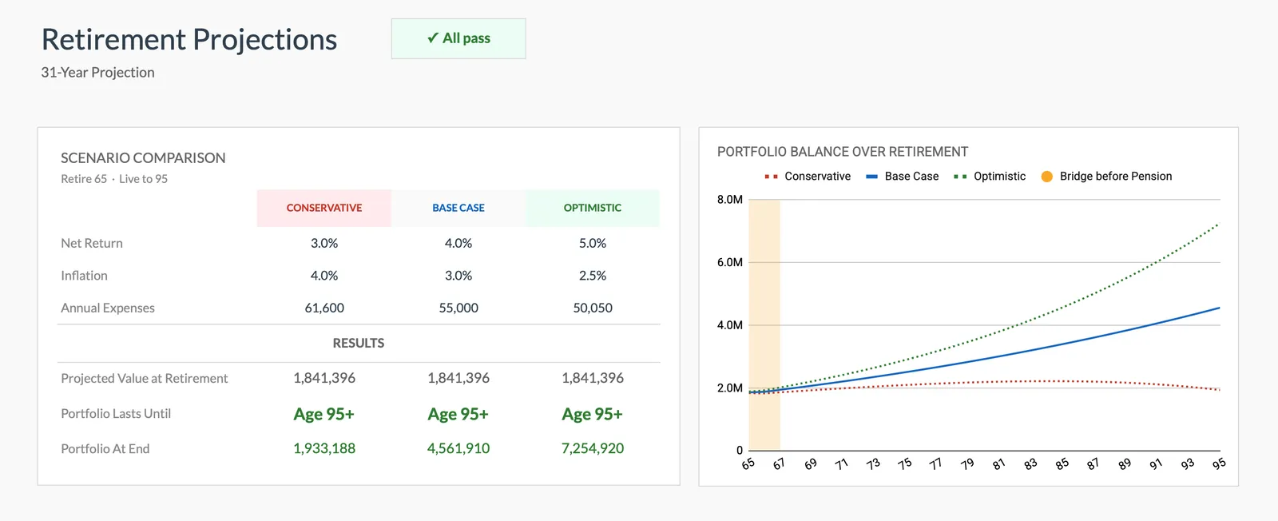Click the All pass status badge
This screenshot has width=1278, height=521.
(x=458, y=38)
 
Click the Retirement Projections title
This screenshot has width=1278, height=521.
(x=189, y=39)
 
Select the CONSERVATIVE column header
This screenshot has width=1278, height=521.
(x=323, y=208)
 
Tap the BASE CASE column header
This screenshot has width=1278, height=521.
(x=458, y=208)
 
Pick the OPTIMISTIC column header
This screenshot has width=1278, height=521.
(x=592, y=208)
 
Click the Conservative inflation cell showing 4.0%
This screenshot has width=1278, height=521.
(x=323, y=276)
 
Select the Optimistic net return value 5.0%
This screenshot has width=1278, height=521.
(x=592, y=243)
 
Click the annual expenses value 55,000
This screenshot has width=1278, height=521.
(x=458, y=308)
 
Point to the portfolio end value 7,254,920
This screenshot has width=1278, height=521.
(x=592, y=448)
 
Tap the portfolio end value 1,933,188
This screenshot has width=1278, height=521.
(x=323, y=448)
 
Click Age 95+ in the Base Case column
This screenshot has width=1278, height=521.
(x=458, y=414)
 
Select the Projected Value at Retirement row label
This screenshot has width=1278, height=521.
(x=145, y=378)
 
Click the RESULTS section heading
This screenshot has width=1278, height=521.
(x=358, y=343)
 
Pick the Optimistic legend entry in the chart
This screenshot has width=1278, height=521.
(x=990, y=176)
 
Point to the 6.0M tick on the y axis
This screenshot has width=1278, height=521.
(x=729, y=262)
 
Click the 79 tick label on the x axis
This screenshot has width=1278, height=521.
(x=966, y=463)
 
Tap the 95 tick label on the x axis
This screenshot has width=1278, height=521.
(x=1218, y=463)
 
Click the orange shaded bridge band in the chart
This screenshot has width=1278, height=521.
(x=764, y=320)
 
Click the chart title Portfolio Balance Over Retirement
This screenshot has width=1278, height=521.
(x=842, y=152)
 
